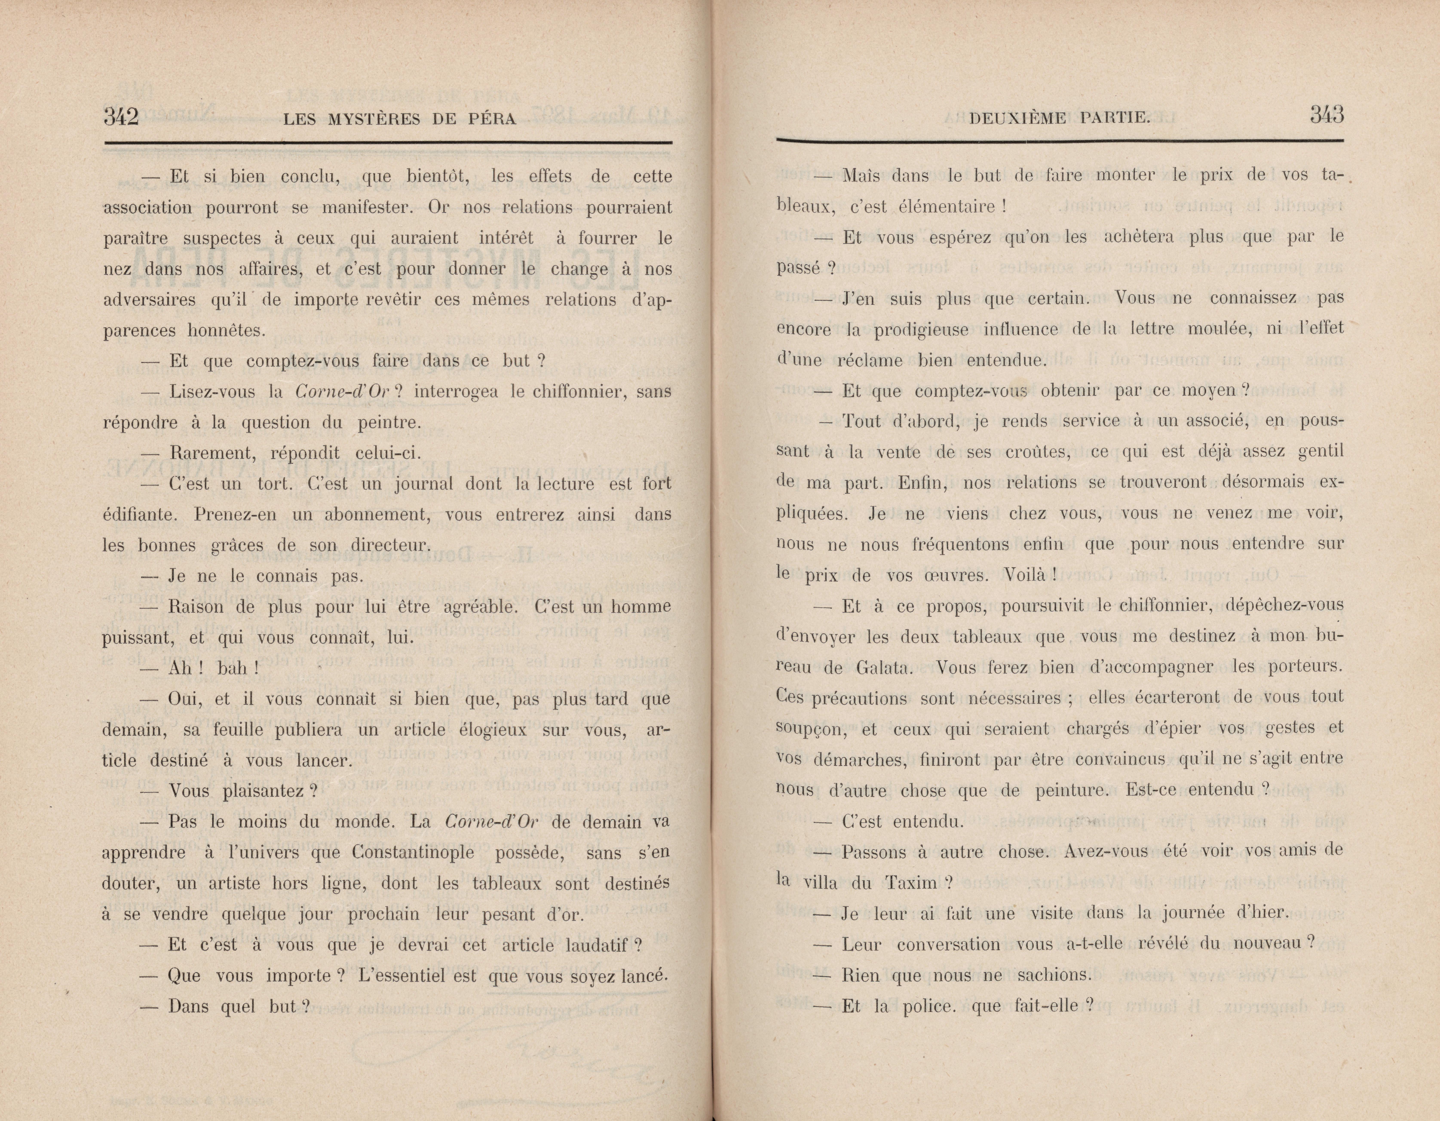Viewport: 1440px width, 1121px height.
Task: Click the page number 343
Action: coord(1327,115)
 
